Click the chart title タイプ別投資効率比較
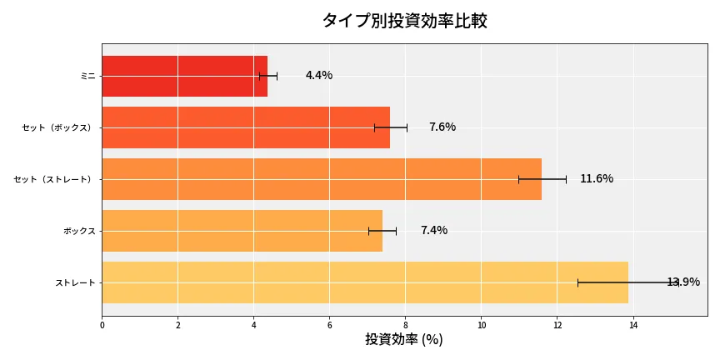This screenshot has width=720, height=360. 404,21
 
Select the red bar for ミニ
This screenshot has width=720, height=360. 184,76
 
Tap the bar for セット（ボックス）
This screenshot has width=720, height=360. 246,127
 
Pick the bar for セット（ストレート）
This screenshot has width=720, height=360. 322,179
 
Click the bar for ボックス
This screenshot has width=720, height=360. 242,231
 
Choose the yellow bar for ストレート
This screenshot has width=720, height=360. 365,282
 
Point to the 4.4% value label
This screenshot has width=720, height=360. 319,76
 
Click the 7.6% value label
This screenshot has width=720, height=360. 442,127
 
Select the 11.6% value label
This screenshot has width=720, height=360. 597,179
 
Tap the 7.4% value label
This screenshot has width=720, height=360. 434,231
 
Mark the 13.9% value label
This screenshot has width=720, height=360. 683,282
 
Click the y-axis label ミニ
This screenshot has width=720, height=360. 87,76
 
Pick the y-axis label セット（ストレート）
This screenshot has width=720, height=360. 54,179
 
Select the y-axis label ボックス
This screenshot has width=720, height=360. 79,231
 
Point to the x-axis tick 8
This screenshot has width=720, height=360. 406,326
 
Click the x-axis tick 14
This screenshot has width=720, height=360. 633,326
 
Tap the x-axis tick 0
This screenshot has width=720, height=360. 102,326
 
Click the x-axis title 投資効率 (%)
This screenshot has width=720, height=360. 404,340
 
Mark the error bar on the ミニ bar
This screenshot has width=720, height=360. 268,76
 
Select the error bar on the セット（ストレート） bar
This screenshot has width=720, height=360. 542,179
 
